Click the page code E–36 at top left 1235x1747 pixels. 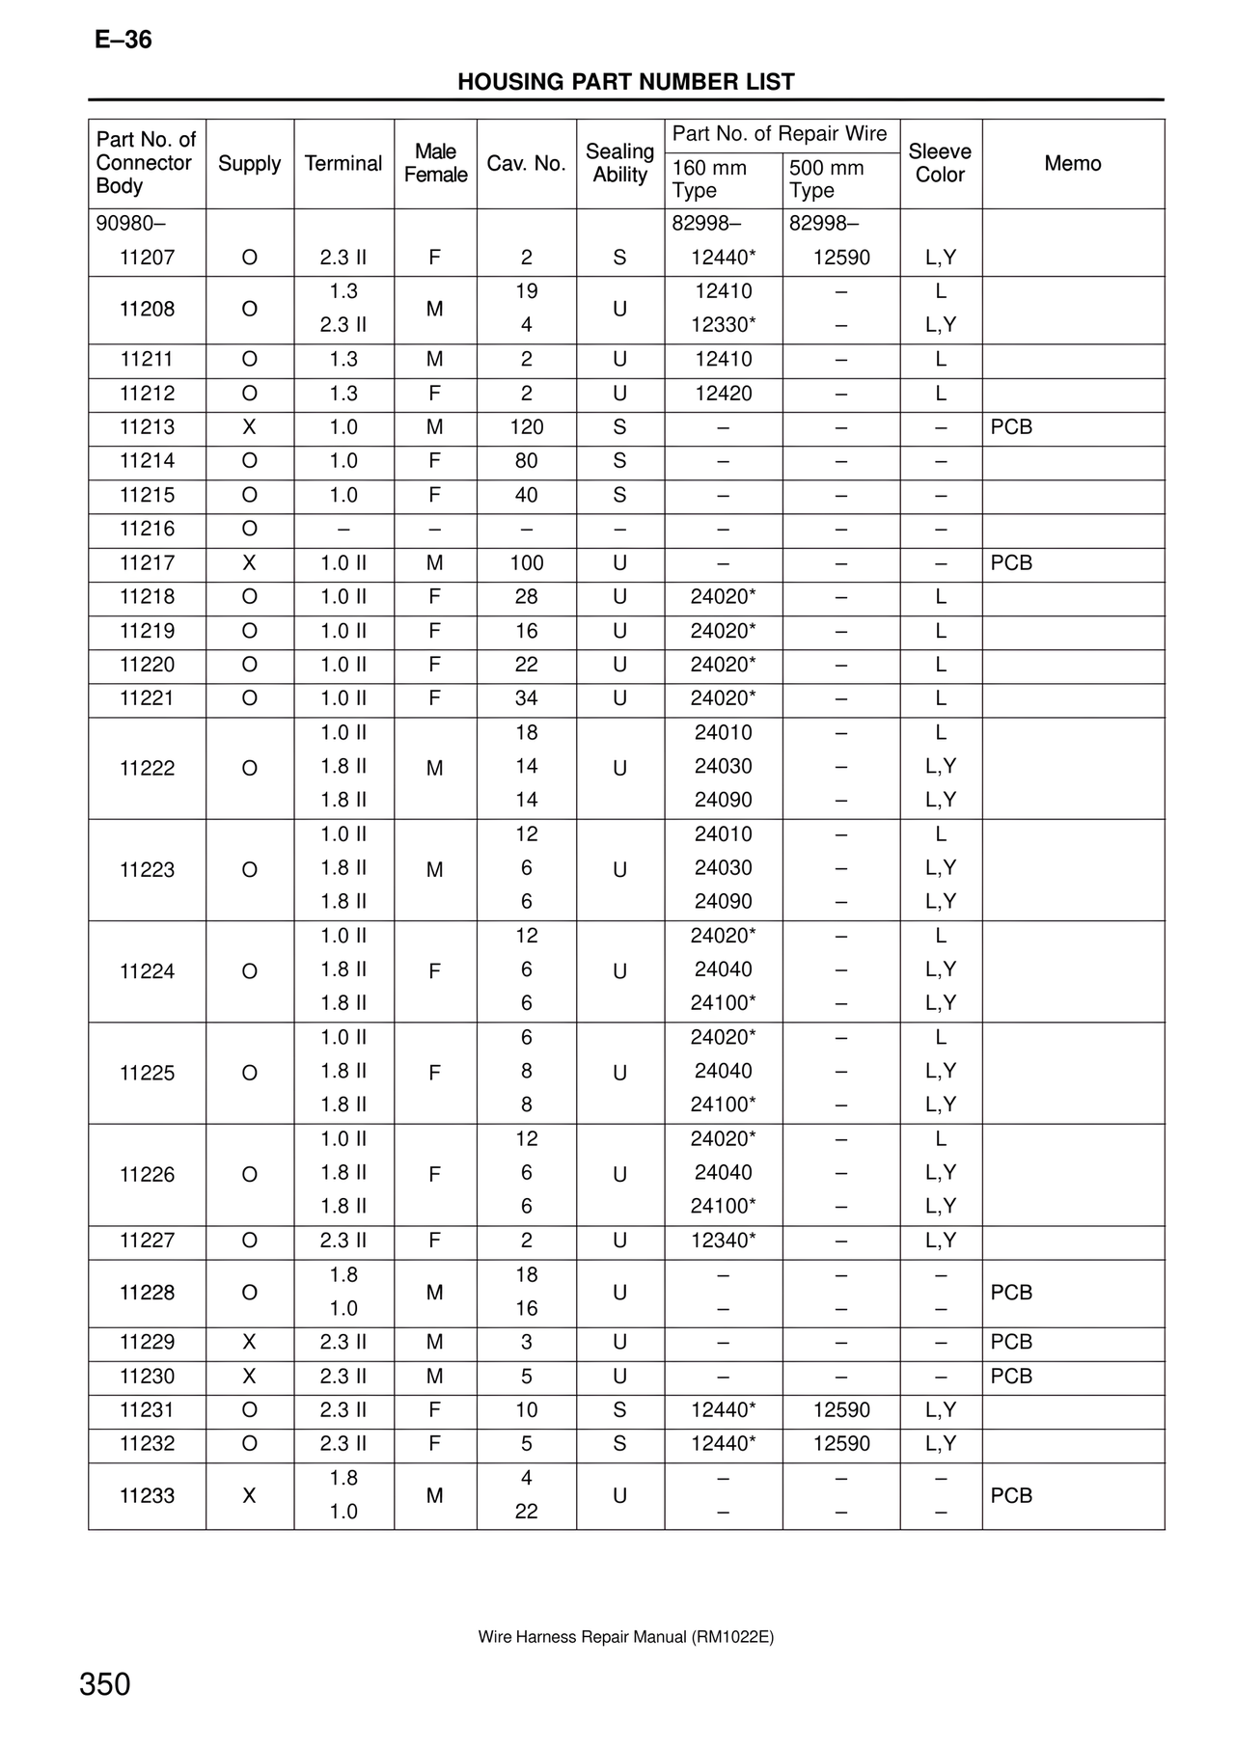123,40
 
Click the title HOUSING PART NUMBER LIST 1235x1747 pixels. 625,82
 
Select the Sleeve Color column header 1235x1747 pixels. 940,163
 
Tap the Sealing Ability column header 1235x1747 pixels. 619,163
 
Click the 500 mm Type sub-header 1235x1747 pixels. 826,179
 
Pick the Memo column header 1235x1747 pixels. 1072,163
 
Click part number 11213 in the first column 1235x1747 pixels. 147,427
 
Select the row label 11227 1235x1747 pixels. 147,1241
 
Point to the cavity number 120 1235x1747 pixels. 526,427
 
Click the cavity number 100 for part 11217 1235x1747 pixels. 526,563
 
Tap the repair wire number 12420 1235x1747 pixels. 723,394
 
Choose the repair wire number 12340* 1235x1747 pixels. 723,1241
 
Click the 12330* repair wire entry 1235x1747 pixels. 723,325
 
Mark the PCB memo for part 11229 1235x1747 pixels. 1011,1343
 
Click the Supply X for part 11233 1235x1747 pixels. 249,1496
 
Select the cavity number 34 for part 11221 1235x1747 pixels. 526,698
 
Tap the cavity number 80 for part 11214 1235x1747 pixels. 526,461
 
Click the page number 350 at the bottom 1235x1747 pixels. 104,1685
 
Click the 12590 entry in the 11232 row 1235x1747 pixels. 841,1444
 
